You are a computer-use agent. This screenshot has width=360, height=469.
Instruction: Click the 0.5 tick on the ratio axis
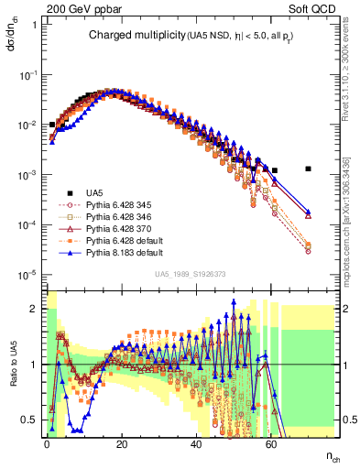[x=32, y=420]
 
